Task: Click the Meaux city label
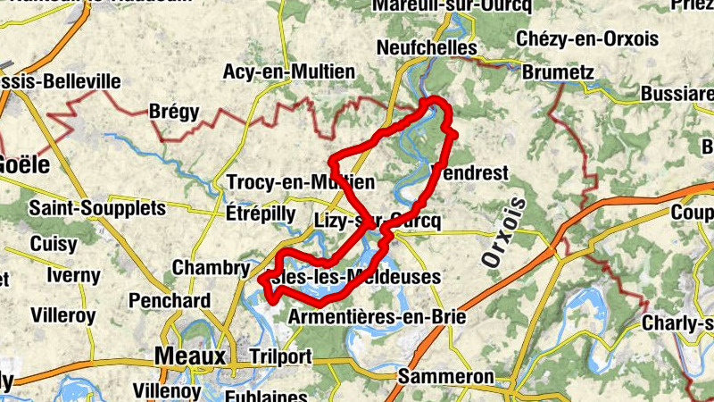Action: point(190,356)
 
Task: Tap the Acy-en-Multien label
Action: point(289,71)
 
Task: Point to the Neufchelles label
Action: point(421,46)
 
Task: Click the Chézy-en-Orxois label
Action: point(587,39)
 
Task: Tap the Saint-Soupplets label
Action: point(97,208)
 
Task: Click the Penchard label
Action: point(170,300)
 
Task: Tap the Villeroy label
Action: point(62,315)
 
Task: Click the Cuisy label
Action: point(54,243)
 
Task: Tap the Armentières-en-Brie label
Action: point(378,316)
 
